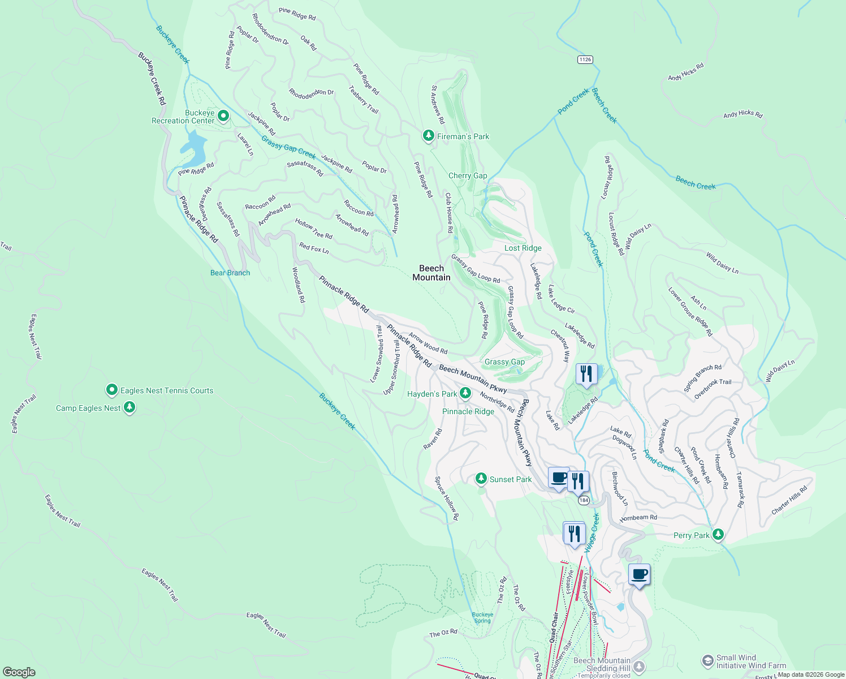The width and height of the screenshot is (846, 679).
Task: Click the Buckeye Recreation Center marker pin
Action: click(223, 117)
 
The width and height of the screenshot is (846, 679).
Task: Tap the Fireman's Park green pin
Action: click(429, 136)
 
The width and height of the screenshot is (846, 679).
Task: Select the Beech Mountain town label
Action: click(431, 273)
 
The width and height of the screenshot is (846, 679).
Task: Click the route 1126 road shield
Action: click(585, 59)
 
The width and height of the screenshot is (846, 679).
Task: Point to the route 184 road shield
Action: click(584, 500)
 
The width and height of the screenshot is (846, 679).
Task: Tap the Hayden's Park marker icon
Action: click(465, 393)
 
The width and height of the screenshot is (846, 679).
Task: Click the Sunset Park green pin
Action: click(481, 479)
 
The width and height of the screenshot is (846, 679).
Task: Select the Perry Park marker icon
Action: click(718, 535)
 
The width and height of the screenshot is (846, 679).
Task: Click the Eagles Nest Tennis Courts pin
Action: click(112, 390)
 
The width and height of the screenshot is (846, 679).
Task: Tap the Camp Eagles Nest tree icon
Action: click(130, 407)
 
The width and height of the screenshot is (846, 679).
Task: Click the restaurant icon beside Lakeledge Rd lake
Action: click(586, 374)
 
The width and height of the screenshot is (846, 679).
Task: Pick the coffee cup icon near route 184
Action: click(559, 478)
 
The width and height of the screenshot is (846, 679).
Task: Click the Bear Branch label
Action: click(230, 273)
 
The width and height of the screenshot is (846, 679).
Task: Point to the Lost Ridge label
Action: click(523, 248)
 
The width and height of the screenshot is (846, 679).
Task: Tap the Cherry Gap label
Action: click(468, 175)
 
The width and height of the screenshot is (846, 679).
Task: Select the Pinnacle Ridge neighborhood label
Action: click(468, 411)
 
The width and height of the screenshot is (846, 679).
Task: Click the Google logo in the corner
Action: click(19, 672)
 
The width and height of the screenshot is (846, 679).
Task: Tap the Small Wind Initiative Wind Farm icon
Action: click(707, 661)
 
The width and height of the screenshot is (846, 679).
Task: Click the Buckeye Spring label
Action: click(482, 617)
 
